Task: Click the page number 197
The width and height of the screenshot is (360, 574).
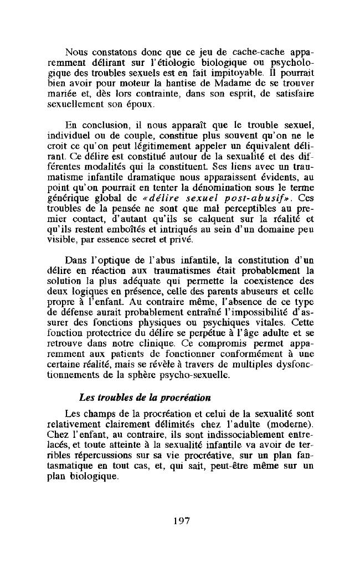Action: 182,520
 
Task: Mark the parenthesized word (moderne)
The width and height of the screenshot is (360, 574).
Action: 290,423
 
